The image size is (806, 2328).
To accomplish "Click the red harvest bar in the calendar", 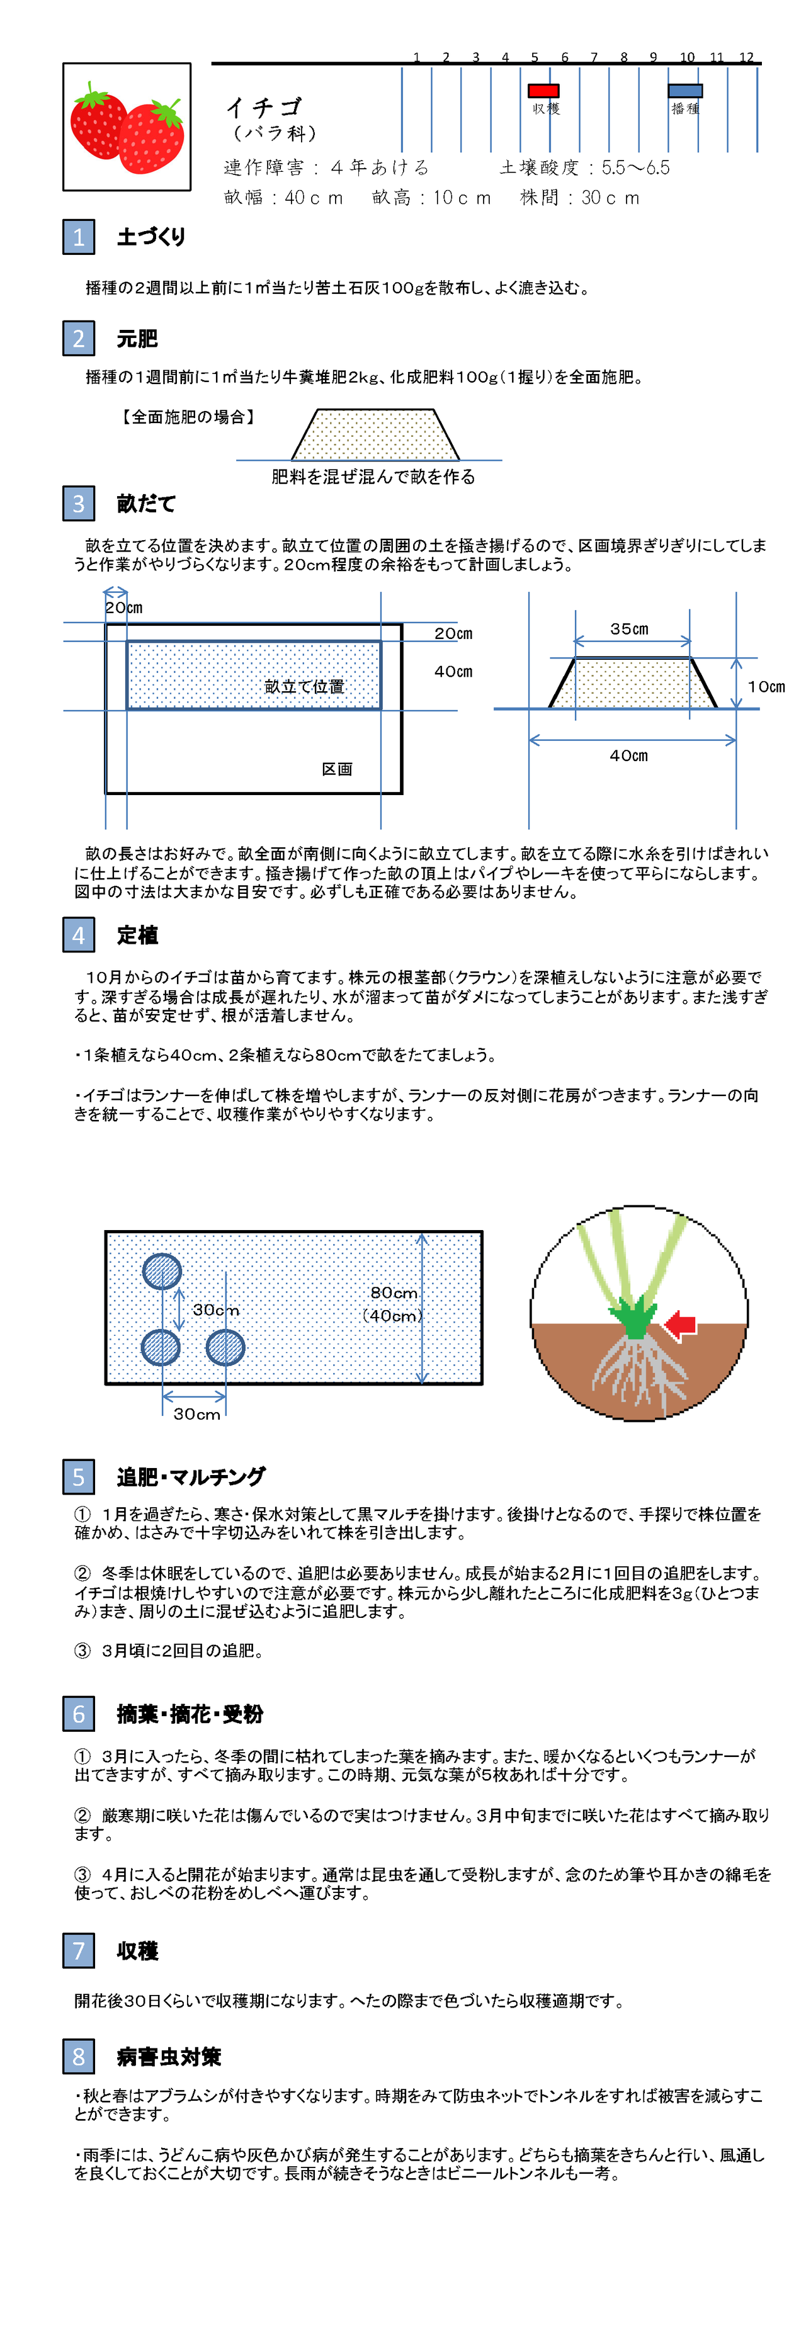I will [x=543, y=91].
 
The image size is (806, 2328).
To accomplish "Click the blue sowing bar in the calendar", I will [x=685, y=91].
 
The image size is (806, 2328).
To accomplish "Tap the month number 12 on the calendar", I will [x=746, y=57].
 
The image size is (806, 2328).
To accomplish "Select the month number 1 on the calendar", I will [x=417, y=57].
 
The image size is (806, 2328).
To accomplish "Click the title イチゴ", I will [x=263, y=108].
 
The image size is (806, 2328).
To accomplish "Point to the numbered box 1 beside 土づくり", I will [x=79, y=237].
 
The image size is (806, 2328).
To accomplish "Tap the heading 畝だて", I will [x=145, y=504].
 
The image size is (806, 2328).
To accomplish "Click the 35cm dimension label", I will [x=629, y=629].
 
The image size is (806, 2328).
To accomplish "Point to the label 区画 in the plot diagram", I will [x=337, y=769].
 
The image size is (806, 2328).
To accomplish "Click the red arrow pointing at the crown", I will [x=681, y=1325].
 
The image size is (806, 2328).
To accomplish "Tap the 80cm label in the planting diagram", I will [x=394, y=1293].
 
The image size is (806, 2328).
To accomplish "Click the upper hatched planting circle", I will [x=162, y=1272].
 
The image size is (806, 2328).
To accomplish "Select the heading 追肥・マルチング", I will [x=191, y=1477].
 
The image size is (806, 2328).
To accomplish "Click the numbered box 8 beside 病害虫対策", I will [x=79, y=2057].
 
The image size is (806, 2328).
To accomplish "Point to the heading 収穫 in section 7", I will [x=137, y=1951].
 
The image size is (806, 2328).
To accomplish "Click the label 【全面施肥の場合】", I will [x=188, y=417].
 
